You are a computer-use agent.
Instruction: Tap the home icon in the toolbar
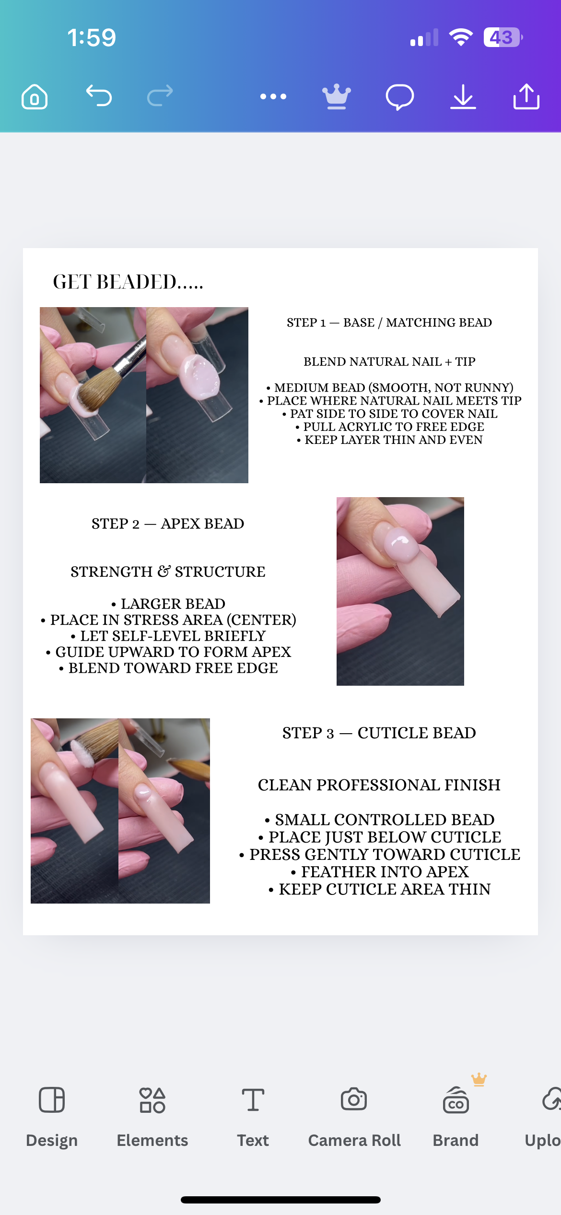click(35, 97)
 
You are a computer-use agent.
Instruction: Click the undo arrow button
click(99, 96)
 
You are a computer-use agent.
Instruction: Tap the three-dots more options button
click(273, 96)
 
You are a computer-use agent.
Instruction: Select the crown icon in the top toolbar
click(337, 96)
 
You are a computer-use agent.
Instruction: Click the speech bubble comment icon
click(399, 97)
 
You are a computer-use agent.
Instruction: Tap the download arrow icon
click(463, 97)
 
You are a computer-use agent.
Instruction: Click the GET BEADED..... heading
click(128, 282)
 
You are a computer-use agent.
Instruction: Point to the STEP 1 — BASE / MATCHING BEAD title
click(389, 322)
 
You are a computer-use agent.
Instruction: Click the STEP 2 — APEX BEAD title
click(168, 524)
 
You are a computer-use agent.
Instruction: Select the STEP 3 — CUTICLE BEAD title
click(379, 733)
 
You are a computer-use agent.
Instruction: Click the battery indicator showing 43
click(502, 37)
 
